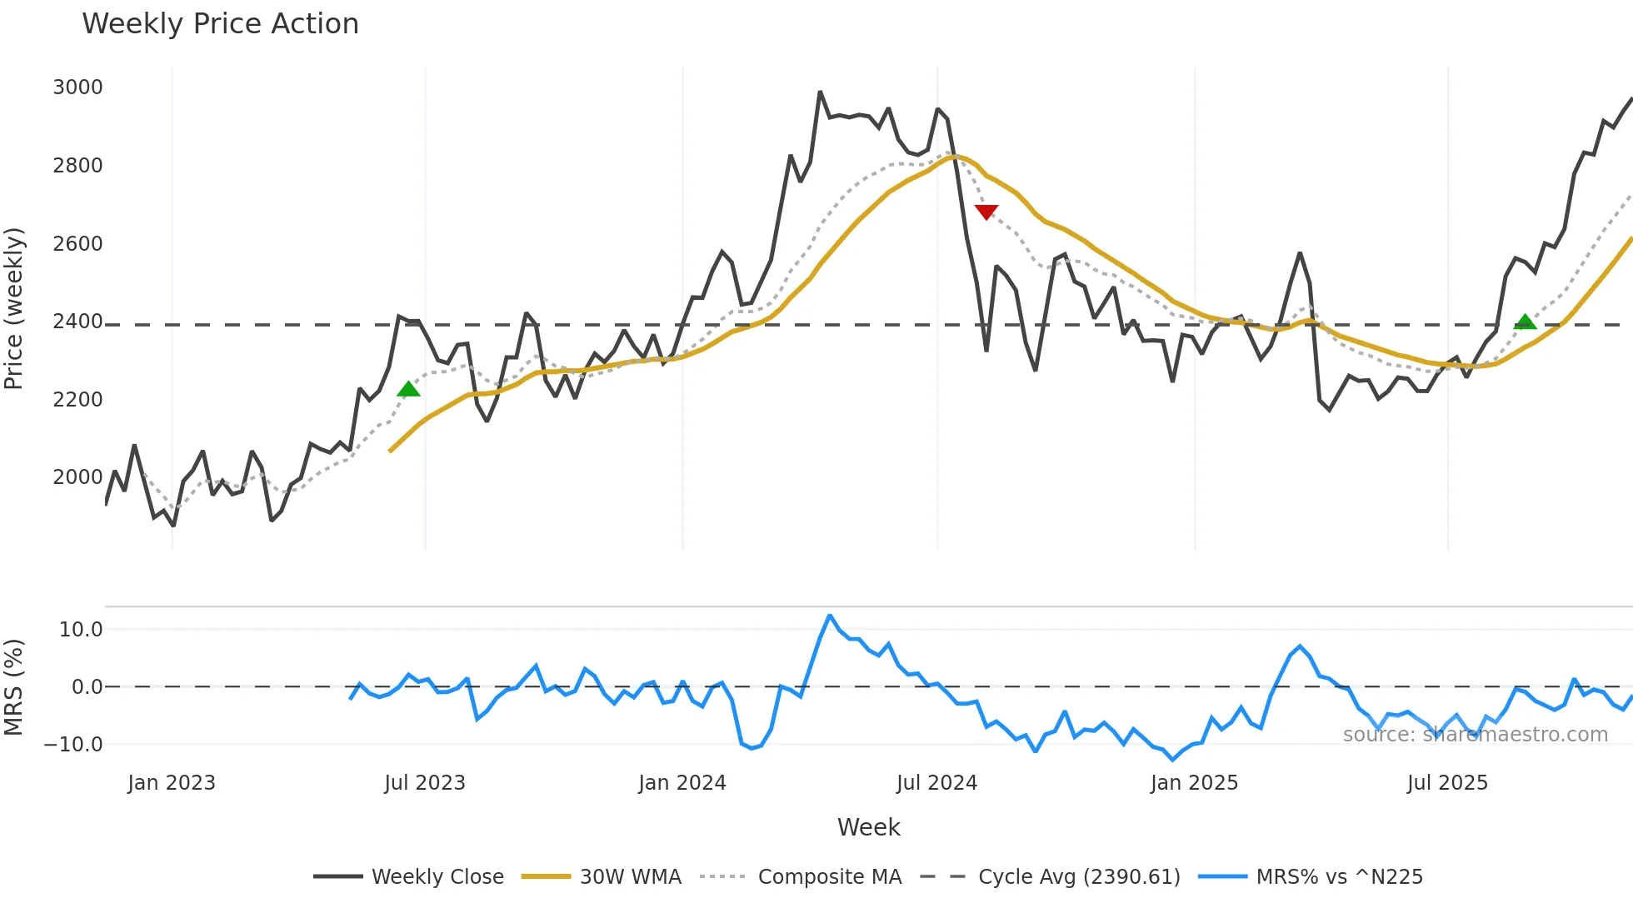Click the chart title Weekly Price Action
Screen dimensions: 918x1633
pos(220,24)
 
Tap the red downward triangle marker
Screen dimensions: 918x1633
pos(986,212)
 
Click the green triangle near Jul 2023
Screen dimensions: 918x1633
pos(408,389)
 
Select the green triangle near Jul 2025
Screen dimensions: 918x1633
pos(1525,322)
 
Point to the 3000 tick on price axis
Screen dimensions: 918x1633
pos(77,87)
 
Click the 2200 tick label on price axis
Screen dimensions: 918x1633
pos(77,400)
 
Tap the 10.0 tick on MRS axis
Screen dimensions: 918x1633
pos(81,630)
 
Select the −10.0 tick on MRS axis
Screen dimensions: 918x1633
pos(74,745)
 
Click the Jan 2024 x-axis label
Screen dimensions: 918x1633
pos(682,783)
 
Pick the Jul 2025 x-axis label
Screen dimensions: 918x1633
pos(1447,783)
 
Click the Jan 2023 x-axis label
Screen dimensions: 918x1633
pos(172,783)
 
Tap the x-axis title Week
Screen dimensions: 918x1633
pos(868,827)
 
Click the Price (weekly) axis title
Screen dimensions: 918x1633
pos(14,308)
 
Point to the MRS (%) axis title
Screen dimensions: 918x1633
pos(14,687)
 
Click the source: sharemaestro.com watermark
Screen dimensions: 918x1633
pos(1475,735)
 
